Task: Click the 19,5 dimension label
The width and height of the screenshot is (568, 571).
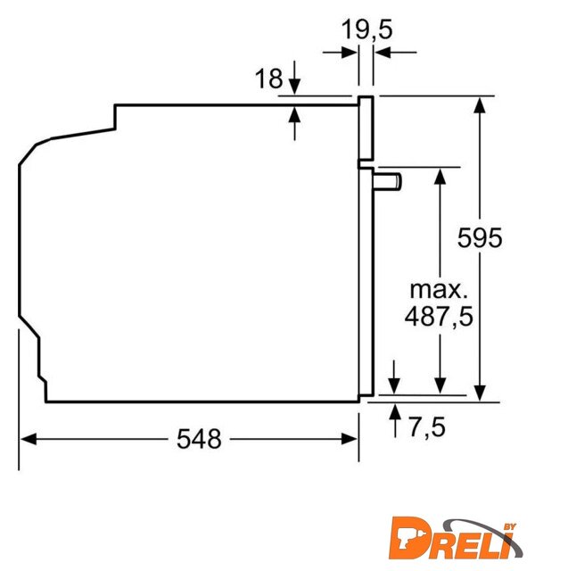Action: (367, 29)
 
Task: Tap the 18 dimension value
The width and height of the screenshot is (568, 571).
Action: (269, 78)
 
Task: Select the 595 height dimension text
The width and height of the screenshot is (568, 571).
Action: (480, 237)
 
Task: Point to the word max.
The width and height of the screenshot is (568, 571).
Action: (439, 290)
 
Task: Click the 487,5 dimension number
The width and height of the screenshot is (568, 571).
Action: (439, 316)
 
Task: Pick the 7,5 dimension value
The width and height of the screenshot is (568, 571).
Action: (427, 426)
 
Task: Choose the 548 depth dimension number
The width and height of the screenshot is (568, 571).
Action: (199, 438)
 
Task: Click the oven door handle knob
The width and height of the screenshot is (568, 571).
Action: (387, 181)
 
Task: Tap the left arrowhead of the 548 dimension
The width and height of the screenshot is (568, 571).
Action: (29, 439)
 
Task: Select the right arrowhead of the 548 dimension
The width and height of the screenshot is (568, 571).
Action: (350, 439)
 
